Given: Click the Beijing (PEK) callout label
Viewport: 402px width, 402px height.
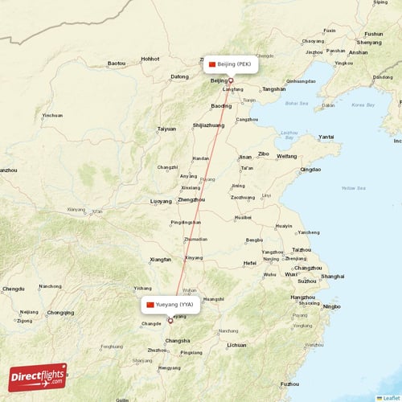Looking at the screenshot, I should tap(230, 64).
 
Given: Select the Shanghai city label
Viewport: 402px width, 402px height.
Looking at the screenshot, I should tap(332, 276).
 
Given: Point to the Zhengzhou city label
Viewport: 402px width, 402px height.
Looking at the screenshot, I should tap(191, 199).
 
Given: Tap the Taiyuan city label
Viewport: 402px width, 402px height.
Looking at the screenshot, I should tap(166, 129).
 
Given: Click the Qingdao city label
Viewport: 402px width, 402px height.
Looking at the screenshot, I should tap(310, 170).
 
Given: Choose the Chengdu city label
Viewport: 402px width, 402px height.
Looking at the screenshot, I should tap(14, 288).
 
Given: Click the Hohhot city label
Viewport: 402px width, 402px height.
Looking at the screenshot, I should tap(150, 59).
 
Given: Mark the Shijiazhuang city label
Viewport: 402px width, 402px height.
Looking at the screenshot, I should tap(208, 125).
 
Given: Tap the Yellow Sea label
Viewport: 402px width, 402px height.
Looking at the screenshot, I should tap(353, 188).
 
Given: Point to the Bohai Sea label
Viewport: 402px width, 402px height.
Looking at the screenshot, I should tap(297, 103).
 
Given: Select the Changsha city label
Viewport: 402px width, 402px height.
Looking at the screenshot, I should tap(177, 341).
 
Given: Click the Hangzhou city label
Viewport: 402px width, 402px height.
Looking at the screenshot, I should tap(302, 297).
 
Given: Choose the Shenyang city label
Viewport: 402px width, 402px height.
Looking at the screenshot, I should tap(370, 42).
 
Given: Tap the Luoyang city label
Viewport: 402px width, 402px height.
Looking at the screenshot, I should tap(161, 201).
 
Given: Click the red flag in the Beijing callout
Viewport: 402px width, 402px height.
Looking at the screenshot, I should tap(212, 64).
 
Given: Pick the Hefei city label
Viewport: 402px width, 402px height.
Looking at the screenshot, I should tap(249, 263).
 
